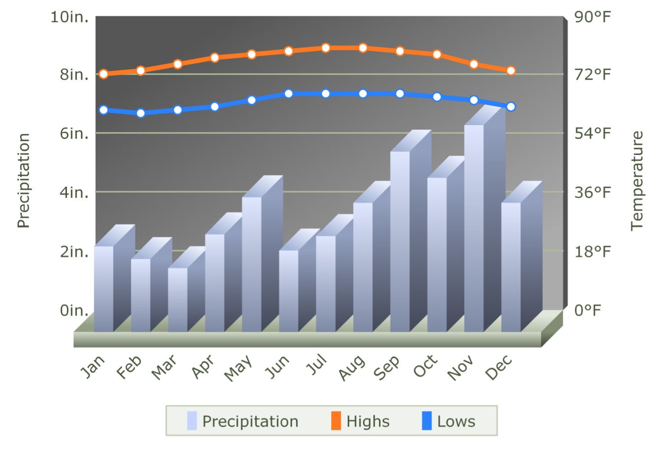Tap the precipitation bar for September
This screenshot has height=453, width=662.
click(400, 241)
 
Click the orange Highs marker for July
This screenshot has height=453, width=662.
click(326, 48)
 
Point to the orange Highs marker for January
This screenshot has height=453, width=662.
click(103, 74)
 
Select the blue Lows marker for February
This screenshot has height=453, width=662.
click(140, 113)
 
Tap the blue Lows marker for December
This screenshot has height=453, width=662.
click(511, 106)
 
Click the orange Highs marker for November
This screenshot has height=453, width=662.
click(474, 64)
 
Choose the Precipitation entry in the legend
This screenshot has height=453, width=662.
click(243, 421)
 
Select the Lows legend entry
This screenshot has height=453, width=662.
click(449, 421)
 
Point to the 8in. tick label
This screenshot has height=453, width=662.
click(74, 75)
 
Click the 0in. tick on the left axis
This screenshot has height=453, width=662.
click(74, 311)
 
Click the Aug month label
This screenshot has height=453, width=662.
click(352, 368)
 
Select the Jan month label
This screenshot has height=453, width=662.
click(93, 367)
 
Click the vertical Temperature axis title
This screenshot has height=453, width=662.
click(637, 180)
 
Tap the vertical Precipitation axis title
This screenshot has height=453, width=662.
click(23, 180)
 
